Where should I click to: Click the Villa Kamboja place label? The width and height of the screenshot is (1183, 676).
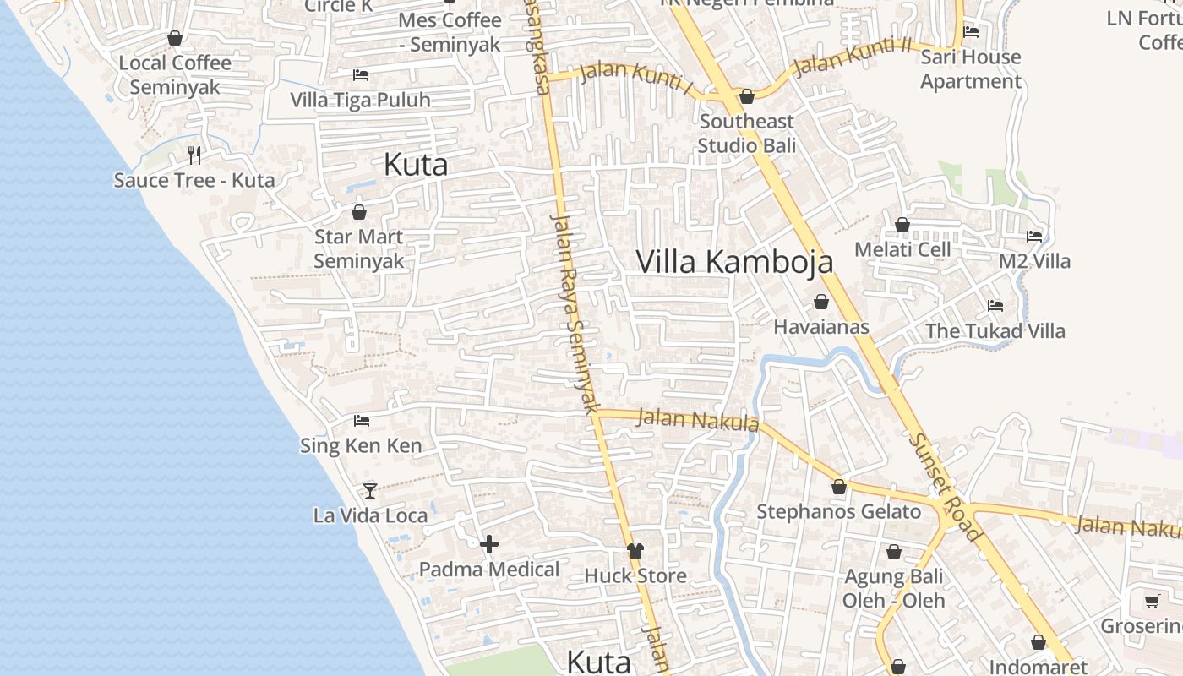[734, 262]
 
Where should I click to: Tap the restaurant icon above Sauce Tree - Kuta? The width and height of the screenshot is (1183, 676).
[194, 155]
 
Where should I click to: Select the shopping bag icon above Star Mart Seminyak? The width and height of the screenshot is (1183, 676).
[359, 211]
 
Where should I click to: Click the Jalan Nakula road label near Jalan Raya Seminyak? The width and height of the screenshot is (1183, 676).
[698, 419]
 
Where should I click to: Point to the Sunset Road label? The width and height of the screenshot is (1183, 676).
[946, 487]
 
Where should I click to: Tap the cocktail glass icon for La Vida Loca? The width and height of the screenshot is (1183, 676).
[370, 490]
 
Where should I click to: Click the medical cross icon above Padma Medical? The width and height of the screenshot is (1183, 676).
[489, 544]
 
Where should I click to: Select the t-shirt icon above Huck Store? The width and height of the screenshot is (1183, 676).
[635, 551]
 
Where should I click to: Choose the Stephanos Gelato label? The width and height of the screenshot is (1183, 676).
[838, 511]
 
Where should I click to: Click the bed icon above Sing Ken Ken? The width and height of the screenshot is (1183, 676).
[362, 420]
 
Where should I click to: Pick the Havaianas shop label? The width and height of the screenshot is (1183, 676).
[821, 326]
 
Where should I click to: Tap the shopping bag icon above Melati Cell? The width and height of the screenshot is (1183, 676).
[902, 225]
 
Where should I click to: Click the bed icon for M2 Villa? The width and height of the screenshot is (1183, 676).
[1034, 236]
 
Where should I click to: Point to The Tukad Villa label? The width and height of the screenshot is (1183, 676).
[995, 330]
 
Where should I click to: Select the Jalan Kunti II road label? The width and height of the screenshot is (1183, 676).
[853, 56]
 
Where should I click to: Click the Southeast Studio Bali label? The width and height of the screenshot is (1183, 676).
[747, 134]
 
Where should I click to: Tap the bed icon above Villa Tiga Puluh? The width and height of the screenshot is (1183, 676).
[361, 74]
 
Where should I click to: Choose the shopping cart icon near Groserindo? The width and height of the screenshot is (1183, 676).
[1152, 601]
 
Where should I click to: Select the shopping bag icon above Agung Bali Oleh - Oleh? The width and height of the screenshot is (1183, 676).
[894, 553]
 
